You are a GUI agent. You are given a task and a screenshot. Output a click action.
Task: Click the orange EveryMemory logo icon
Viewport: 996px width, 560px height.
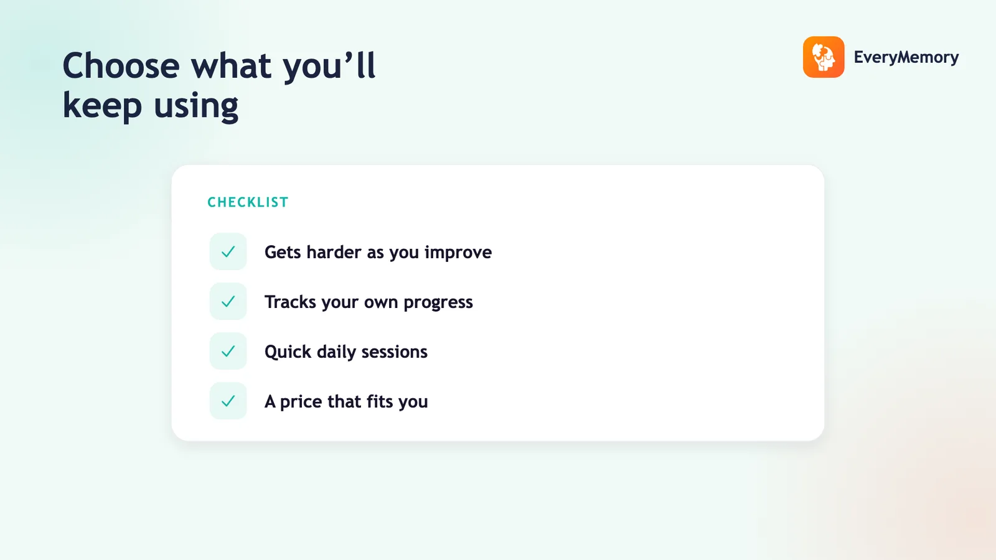[x=824, y=57]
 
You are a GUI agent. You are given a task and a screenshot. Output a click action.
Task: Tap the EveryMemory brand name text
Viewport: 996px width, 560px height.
[x=906, y=57]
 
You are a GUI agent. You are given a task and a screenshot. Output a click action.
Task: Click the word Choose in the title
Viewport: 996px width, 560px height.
[x=121, y=66]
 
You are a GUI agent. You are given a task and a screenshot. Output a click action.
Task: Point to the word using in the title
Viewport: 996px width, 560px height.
[x=196, y=106]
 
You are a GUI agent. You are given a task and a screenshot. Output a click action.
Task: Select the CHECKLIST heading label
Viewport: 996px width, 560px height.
[x=248, y=202]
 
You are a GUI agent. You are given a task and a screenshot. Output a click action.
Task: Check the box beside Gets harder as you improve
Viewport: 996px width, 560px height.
[x=228, y=251]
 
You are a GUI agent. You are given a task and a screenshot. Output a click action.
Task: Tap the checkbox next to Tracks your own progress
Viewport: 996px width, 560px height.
[x=228, y=301]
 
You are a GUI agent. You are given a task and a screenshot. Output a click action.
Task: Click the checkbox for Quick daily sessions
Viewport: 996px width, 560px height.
[x=228, y=351]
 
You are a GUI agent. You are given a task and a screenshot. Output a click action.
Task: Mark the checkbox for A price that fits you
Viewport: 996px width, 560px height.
[x=228, y=401]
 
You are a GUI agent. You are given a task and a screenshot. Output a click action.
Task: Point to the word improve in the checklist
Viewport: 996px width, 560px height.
[x=458, y=253]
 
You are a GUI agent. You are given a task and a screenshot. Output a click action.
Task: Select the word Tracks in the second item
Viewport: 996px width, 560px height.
[x=290, y=302]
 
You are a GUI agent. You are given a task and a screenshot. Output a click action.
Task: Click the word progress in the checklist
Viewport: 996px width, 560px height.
[x=438, y=302]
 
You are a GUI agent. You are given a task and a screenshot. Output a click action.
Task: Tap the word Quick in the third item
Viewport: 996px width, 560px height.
[x=288, y=352]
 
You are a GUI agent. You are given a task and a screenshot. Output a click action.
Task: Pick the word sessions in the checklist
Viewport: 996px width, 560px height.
[x=394, y=352]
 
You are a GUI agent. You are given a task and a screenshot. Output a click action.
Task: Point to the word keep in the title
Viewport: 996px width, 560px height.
[x=102, y=106]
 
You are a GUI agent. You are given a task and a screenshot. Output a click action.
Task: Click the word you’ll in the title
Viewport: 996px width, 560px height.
[x=329, y=67]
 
